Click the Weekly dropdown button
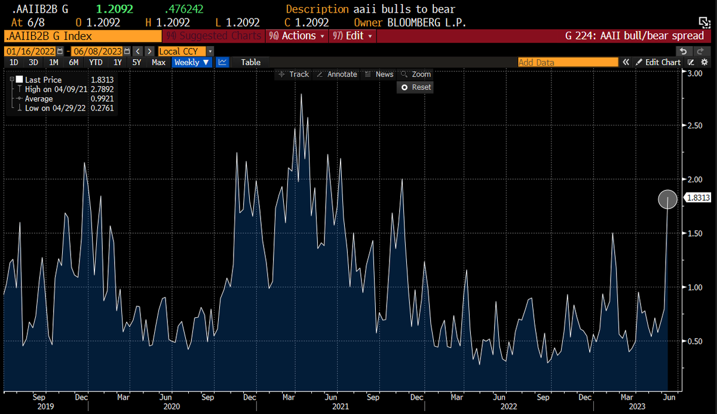click(x=192, y=62)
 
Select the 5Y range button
click(x=137, y=62)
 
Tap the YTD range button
click(x=95, y=62)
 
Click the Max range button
click(x=158, y=62)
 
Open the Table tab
click(x=250, y=62)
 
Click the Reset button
click(x=416, y=87)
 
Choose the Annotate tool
click(x=337, y=74)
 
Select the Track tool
click(x=294, y=74)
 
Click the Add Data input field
click(x=567, y=62)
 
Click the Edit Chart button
click(x=658, y=62)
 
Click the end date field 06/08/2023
click(x=97, y=51)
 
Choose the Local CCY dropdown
click(x=185, y=51)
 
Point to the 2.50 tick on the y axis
click(x=694, y=126)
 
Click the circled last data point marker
click(x=667, y=200)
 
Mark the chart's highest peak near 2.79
click(x=301, y=94)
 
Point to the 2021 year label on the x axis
click(x=341, y=407)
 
